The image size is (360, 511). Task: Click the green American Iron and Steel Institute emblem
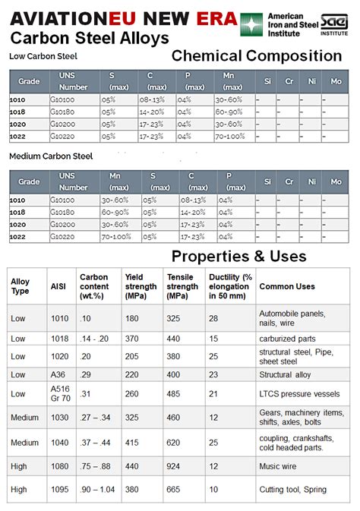[x=251, y=24]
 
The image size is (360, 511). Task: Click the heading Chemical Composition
[x=256, y=55]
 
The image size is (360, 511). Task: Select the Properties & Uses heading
[x=238, y=256]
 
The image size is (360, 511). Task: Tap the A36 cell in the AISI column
[x=59, y=374]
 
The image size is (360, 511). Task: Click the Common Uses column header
[x=286, y=286]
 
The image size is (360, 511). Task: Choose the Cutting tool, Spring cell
[x=293, y=490]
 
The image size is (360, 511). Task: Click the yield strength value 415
[x=132, y=442]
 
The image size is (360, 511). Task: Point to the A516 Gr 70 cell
[x=60, y=393]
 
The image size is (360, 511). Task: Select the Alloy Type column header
[x=21, y=286]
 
